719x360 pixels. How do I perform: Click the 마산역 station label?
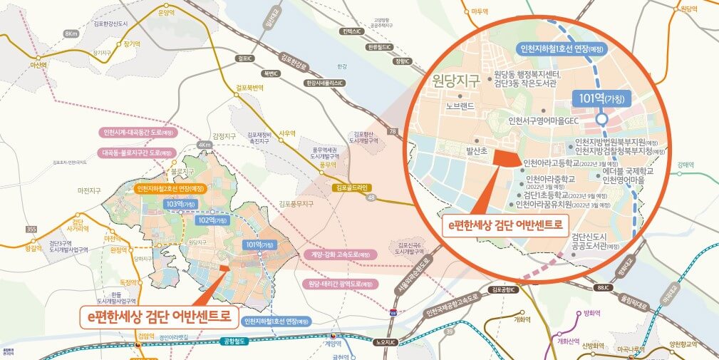(x=36, y=64)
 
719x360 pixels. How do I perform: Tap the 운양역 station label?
(x=166, y=12)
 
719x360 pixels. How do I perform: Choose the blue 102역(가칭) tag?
(x=212, y=220)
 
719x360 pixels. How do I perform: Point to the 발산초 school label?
(x=476, y=151)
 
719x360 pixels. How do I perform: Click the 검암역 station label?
(x=145, y=335)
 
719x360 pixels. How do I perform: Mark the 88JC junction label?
(x=602, y=287)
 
